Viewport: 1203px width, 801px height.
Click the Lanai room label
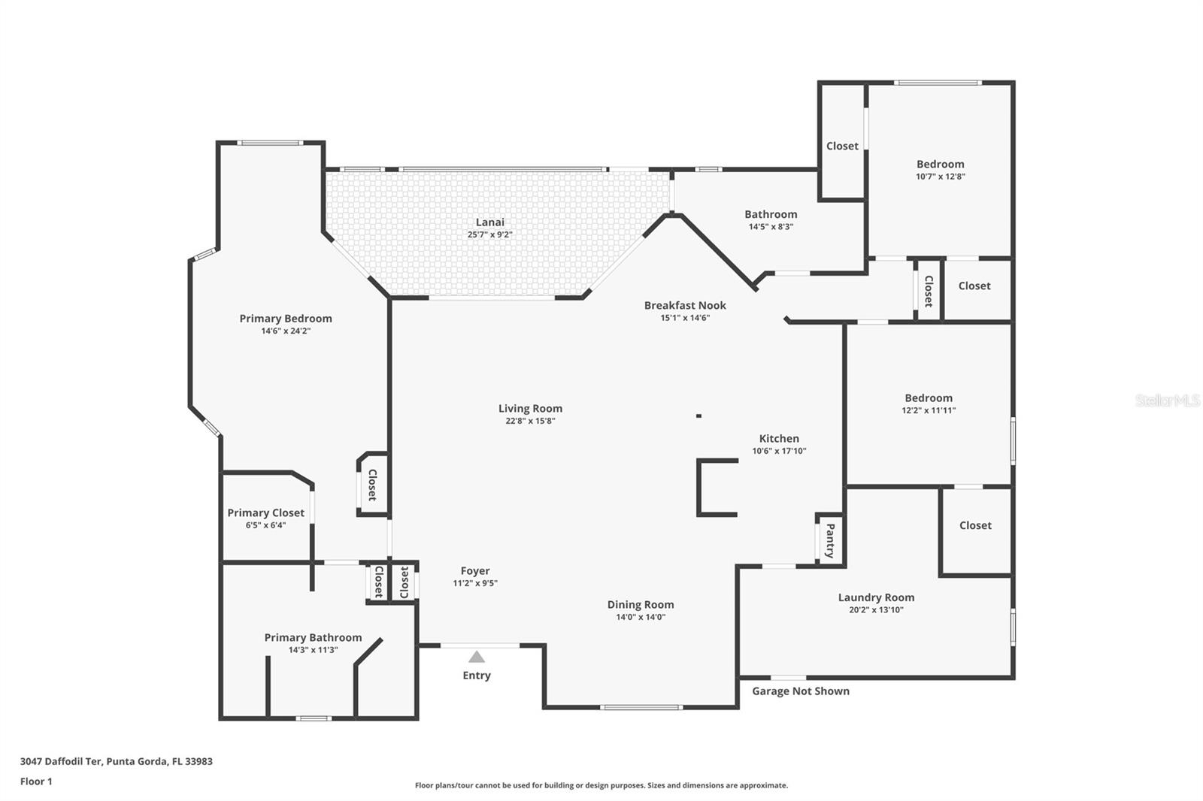489,222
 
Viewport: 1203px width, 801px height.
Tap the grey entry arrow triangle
477,657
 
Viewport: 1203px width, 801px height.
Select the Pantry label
830,540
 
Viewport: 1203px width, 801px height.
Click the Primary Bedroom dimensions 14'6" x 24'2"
286,331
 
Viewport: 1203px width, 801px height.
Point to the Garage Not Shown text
801,691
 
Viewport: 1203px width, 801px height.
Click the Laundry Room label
876,597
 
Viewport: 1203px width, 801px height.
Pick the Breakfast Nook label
685,305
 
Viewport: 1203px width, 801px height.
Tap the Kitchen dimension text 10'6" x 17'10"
779,451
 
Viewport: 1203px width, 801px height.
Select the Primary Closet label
265,512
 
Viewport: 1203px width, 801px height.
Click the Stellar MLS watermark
1168,401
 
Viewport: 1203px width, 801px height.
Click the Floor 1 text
36,781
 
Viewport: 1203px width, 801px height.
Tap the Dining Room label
641,604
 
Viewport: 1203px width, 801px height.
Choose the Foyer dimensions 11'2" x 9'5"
475,583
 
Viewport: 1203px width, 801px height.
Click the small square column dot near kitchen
698,416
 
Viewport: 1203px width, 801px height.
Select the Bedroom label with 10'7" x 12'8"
940,164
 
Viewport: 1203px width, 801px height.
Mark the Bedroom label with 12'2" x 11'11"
929,398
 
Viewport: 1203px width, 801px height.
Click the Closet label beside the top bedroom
842,146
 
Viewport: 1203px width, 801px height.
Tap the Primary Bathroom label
313,637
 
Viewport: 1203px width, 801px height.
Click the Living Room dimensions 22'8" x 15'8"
530,421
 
